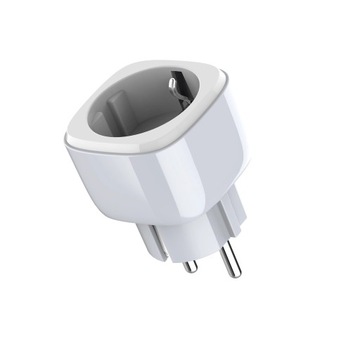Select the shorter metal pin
(x=188, y=258)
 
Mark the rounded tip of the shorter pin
(x=190, y=269)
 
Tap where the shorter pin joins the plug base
(x=186, y=249)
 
